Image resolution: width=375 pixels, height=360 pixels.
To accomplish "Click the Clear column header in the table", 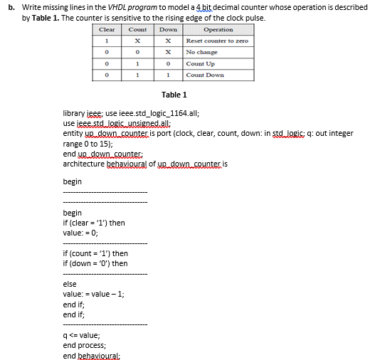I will [x=107, y=30].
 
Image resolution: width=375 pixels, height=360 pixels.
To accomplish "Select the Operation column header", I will [x=218, y=30].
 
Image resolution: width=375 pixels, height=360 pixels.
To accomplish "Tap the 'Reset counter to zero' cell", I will [x=218, y=41].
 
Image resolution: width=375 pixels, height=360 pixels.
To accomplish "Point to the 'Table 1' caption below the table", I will [x=174, y=95].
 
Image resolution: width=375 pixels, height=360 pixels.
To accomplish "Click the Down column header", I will [x=168, y=30].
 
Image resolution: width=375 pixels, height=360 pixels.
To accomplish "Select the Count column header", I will [x=137, y=30].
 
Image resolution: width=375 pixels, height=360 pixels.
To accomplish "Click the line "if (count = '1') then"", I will [x=95, y=253].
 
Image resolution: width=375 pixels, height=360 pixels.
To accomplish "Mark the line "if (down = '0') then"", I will [x=95, y=263].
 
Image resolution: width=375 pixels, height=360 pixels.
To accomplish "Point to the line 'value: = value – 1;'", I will [x=94, y=294].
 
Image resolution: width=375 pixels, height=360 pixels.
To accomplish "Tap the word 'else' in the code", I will [x=70, y=284].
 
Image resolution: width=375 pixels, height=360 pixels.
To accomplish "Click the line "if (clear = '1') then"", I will [x=94, y=223].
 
